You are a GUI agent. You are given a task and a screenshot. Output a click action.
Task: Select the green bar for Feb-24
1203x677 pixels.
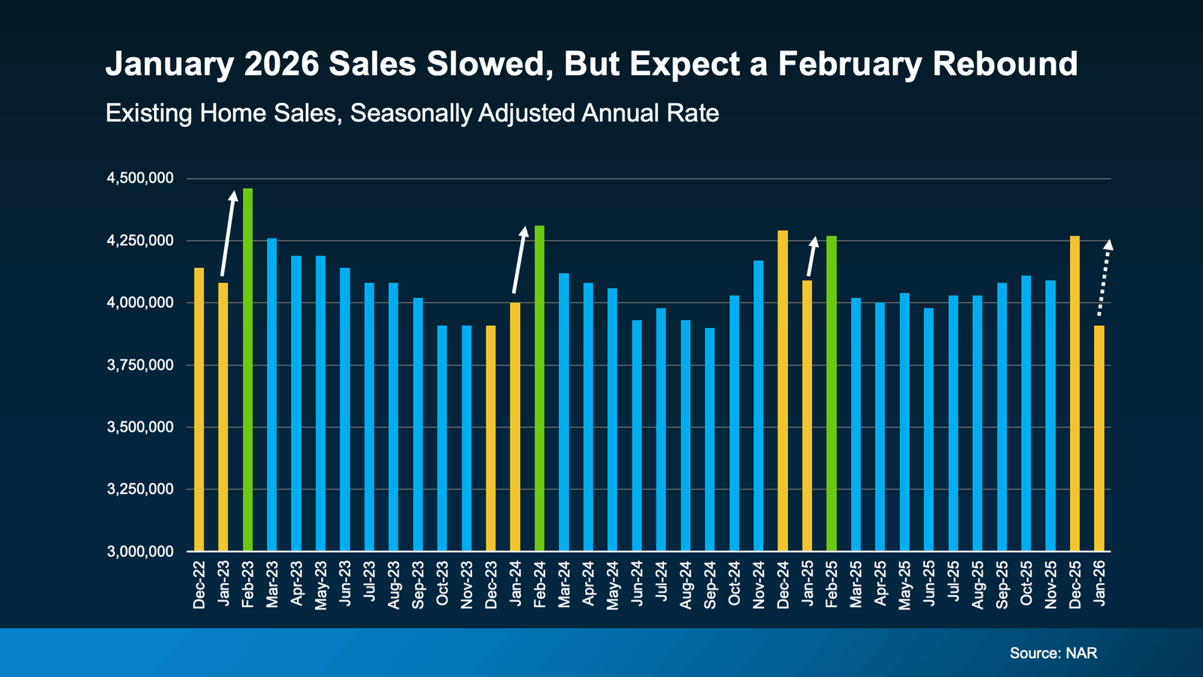coord(539,387)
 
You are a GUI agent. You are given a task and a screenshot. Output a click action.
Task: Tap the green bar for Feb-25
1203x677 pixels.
coord(831,393)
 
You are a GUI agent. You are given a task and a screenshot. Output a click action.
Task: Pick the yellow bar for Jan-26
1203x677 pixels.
coord(1098,438)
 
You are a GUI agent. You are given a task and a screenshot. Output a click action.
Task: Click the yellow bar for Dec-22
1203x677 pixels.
coord(199,409)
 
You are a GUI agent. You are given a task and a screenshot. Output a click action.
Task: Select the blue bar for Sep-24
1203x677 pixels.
coord(710,439)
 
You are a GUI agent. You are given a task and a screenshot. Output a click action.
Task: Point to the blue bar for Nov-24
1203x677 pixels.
coord(758,405)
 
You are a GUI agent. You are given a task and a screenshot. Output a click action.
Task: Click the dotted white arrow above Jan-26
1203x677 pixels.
coord(1104,278)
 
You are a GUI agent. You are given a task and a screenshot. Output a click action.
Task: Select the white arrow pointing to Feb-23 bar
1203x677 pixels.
coord(228,233)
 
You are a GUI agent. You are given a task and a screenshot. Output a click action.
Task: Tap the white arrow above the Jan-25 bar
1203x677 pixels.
coord(811,257)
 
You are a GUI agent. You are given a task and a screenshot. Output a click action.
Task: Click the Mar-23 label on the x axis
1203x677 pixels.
coord(272,584)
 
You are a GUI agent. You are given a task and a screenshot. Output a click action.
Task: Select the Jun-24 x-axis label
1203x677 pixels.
coord(638,584)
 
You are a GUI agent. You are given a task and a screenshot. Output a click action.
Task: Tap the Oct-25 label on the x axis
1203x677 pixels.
coord(1026,584)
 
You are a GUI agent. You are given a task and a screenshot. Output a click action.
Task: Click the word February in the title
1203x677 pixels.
coord(850,64)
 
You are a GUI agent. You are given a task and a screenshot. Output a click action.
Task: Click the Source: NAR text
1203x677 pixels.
coord(1053,653)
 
